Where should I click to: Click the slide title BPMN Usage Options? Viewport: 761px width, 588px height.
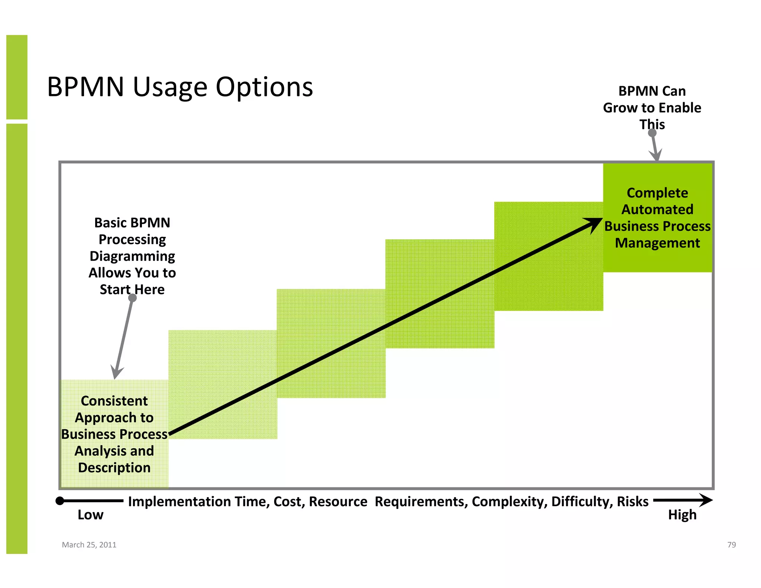pos(180,87)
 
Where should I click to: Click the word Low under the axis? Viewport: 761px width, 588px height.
pos(90,515)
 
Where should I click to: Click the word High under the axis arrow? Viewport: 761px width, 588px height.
pos(682,515)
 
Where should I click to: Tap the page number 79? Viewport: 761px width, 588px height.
pos(731,545)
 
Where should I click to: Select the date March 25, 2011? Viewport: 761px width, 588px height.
pos(89,545)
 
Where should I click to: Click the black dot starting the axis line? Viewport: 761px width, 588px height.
pos(60,501)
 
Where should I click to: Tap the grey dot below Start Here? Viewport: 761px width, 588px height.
pos(132,298)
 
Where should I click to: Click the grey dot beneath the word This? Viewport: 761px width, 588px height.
pos(652,133)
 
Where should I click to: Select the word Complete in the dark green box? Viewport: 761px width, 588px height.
pos(657,193)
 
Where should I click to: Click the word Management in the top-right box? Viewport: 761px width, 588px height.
pos(657,243)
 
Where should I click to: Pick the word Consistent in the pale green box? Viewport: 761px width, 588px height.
pos(114,401)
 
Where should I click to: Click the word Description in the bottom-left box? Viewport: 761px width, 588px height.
pos(114,468)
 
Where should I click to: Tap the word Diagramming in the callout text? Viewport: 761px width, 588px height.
pos(132,256)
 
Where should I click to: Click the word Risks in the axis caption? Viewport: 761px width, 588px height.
pos(632,501)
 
